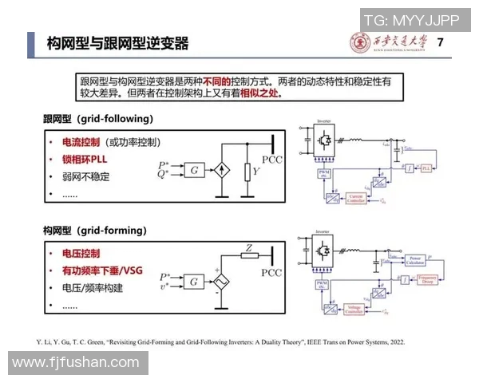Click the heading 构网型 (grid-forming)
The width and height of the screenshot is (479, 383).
tap(95, 231)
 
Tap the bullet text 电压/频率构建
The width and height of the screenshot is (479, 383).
tap(92, 289)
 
